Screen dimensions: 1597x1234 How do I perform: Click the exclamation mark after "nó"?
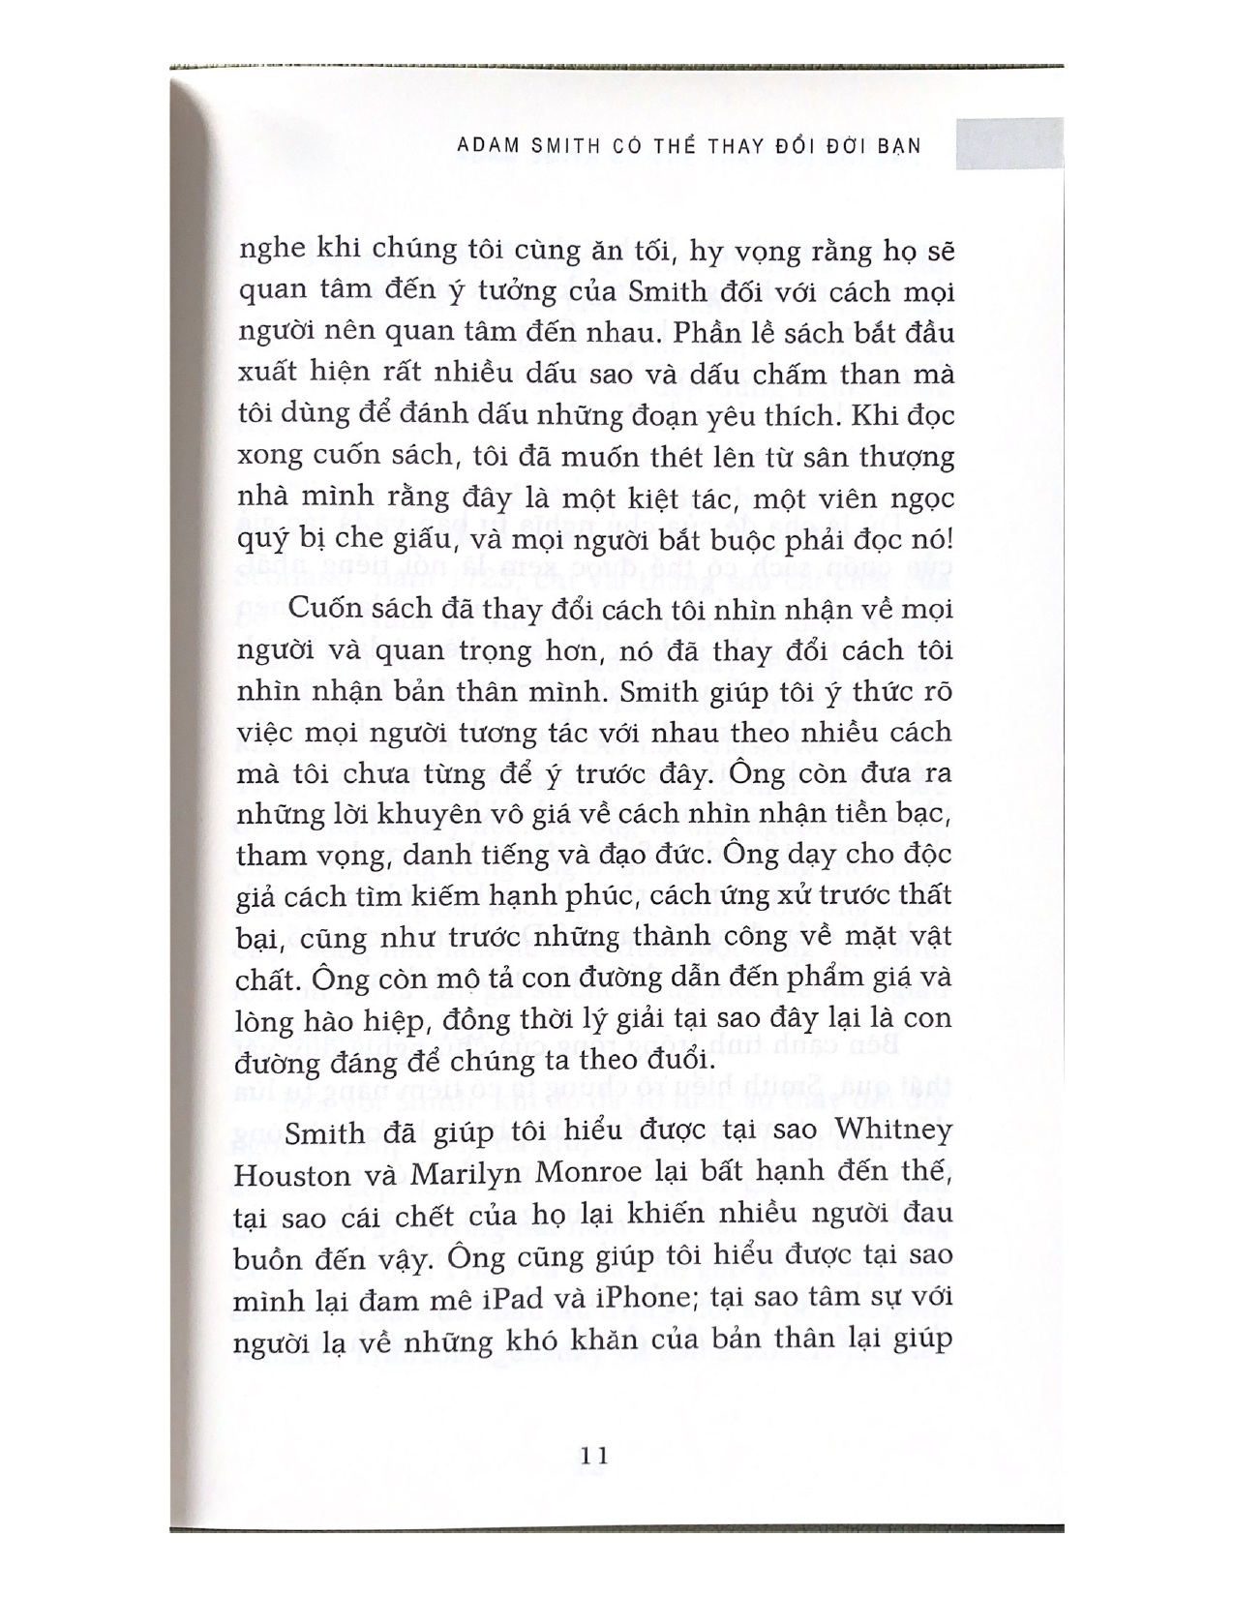(x=949, y=539)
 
